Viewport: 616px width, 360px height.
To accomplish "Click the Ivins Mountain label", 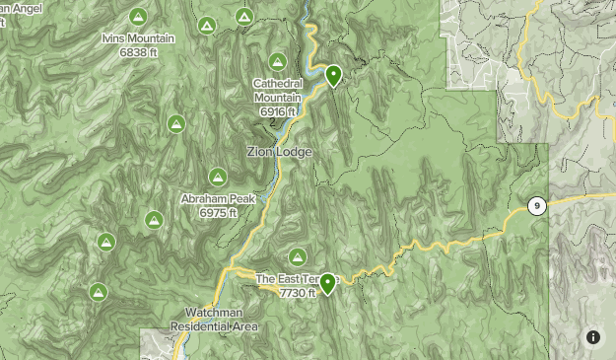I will point(137,39).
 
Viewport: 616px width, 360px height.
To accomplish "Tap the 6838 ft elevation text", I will point(139,51).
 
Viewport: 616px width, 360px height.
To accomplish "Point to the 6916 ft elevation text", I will point(277,112).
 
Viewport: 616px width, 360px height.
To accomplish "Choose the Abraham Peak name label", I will point(218,199).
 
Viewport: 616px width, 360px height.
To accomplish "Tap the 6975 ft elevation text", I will point(218,212).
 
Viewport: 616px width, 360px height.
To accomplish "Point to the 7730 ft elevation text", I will point(298,292).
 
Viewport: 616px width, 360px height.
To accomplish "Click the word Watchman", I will point(213,314).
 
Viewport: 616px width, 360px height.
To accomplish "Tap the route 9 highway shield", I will point(536,206).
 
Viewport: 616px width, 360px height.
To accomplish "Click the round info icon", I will point(593,337).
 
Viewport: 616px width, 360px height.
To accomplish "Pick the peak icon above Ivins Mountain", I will point(138,17).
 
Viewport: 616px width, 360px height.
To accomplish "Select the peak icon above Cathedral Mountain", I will point(278,61).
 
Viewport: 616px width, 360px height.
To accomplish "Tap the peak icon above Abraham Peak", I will point(218,178).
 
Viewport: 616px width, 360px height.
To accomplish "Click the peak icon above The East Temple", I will point(296,256).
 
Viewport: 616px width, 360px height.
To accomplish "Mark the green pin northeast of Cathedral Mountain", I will point(333,75).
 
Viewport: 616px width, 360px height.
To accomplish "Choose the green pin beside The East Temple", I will point(326,283).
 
